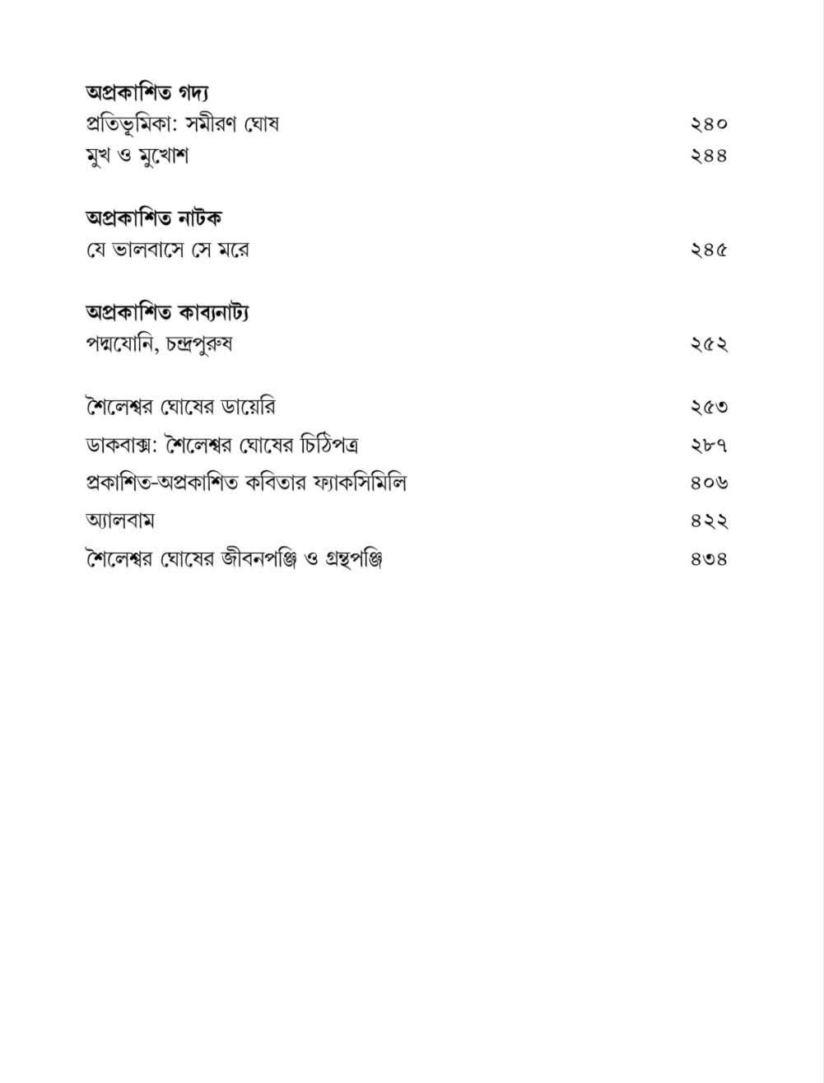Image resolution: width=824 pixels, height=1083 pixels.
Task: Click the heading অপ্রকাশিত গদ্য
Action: click(x=147, y=92)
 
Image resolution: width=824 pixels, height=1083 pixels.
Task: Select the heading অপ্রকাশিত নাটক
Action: click(x=154, y=218)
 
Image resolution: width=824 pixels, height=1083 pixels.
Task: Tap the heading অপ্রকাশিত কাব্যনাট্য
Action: click(x=168, y=312)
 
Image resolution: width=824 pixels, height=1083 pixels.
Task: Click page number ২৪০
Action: click(x=709, y=124)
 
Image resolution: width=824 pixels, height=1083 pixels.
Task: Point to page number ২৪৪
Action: click(x=709, y=156)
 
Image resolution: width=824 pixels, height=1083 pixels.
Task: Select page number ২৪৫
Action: click(x=709, y=250)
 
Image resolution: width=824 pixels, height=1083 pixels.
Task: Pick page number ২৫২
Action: click(x=709, y=344)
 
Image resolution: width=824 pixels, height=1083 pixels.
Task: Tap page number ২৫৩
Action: click(x=709, y=407)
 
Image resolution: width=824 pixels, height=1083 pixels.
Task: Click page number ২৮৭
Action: click(x=709, y=446)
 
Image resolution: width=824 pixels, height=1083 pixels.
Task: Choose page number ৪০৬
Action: click(x=709, y=483)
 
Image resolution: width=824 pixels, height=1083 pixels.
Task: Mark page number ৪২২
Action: click(x=709, y=521)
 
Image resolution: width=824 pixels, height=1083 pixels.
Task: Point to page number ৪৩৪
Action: click(x=709, y=560)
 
